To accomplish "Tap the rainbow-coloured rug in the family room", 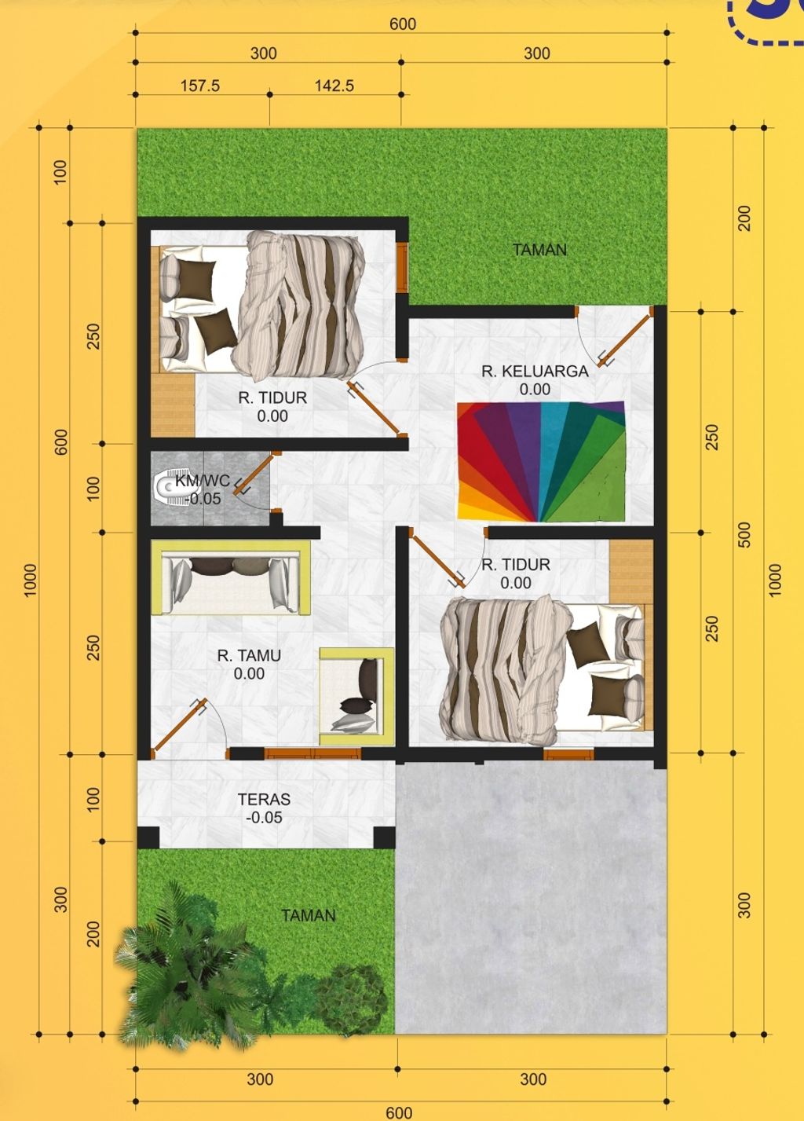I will (x=542, y=461).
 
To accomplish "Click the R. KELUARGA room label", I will (x=535, y=371).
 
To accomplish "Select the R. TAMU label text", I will (x=249, y=655).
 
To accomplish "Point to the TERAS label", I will (x=264, y=800).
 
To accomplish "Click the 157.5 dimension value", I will (x=200, y=86).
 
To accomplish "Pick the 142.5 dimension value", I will (x=334, y=86).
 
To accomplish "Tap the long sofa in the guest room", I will (x=230, y=578).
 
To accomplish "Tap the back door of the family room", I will (x=625, y=339).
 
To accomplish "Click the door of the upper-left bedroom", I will (x=376, y=408).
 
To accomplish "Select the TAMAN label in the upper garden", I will (x=539, y=250).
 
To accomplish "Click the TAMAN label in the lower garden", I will (x=309, y=915).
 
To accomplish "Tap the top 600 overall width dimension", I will (x=402, y=24).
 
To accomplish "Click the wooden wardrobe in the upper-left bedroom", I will (x=173, y=405).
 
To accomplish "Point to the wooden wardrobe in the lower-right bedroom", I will (x=631, y=571).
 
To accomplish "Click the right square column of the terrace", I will (x=384, y=838).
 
